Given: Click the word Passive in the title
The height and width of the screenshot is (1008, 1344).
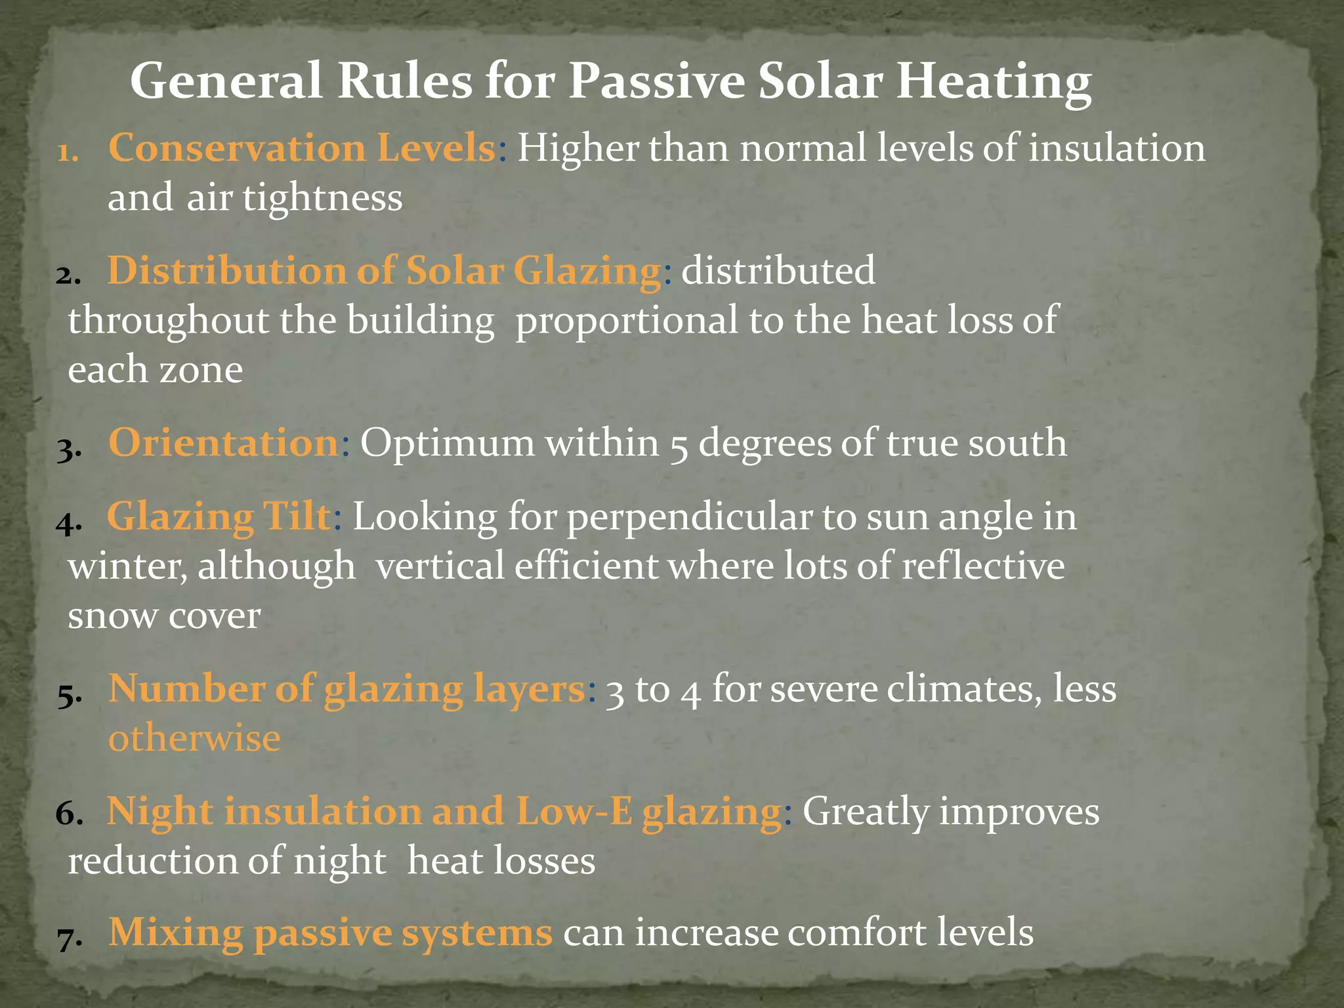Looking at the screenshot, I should point(656,81).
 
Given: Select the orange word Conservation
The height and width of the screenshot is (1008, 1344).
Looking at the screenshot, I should point(236,148).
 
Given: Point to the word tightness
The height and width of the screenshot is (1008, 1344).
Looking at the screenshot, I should point(322,198).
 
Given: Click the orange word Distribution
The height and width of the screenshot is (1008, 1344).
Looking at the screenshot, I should point(227,270).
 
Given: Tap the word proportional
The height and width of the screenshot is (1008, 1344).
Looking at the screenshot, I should point(627,321).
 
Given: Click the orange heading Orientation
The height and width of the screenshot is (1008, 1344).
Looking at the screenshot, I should point(223,442).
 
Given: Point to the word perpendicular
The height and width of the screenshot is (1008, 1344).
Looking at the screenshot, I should point(689,517).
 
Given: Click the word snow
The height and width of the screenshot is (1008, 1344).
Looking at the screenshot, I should point(112,616).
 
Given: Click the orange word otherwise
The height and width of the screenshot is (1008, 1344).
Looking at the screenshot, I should point(194,738).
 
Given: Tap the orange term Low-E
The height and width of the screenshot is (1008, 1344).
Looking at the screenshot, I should point(574,812).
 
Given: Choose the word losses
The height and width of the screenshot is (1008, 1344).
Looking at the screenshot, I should point(544,861).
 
